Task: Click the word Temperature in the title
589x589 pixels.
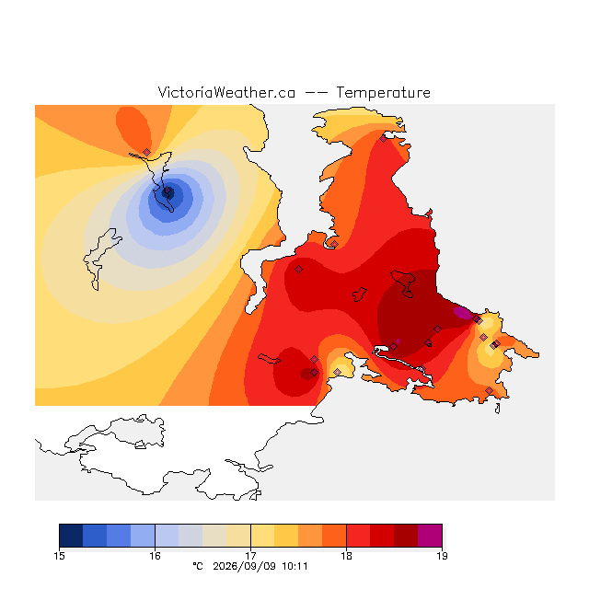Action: [x=383, y=92]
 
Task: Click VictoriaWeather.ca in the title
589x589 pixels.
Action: [x=226, y=92]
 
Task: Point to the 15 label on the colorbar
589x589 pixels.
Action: [x=59, y=556]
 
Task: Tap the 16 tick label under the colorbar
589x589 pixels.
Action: [x=155, y=556]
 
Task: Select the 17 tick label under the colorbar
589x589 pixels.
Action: [x=250, y=556]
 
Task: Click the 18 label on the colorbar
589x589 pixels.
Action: [x=346, y=556]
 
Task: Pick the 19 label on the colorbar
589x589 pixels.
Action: [x=442, y=556]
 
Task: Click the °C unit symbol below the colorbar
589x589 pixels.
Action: [x=198, y=566]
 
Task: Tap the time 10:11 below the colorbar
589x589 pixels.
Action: [x=294, y=566]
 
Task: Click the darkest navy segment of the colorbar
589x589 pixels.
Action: [x=71, y=536]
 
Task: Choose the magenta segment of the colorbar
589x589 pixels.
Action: [x=430, y=536]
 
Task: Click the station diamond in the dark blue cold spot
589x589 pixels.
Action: [x=167, y=191]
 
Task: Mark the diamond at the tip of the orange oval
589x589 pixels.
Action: [x=147, y=152]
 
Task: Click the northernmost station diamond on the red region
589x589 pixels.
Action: [x=383, y=139]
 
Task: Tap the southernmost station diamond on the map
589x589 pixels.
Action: [x=489, y=390]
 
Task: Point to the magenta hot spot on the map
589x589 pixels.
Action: [x=462, y=313]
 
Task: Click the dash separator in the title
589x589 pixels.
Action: [x=316, y=93]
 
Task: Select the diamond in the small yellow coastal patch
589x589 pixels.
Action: [x=338, y=372]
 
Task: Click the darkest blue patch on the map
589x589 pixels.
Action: [x=167, y=192]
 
